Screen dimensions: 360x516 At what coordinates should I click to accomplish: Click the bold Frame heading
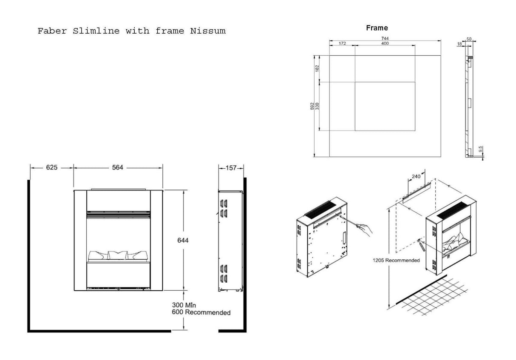(x=377, y=28)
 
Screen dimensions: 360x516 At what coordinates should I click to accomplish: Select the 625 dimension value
(x=51, y=167)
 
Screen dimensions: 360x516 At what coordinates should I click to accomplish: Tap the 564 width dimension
(x=118, y=167)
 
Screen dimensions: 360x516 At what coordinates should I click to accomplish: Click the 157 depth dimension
(x=231, y=168)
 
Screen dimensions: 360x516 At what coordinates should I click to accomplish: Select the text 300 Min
(x=184, y=305)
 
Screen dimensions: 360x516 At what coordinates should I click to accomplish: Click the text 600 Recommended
(x=201, y=312)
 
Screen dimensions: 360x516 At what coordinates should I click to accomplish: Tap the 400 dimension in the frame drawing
(x=385, y=44)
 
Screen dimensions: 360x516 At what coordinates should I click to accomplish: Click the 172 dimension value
(x=342, y=44)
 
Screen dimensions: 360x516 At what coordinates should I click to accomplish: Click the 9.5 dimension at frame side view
(x=480, y=150)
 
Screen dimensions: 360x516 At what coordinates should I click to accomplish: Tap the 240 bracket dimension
(x=416, y=176)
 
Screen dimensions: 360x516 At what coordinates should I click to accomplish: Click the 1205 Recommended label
(x=396, y=260)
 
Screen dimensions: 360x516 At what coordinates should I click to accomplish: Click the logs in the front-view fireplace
(x=118, y=255)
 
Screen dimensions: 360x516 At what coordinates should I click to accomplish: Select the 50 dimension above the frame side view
(x=469, y=39)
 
